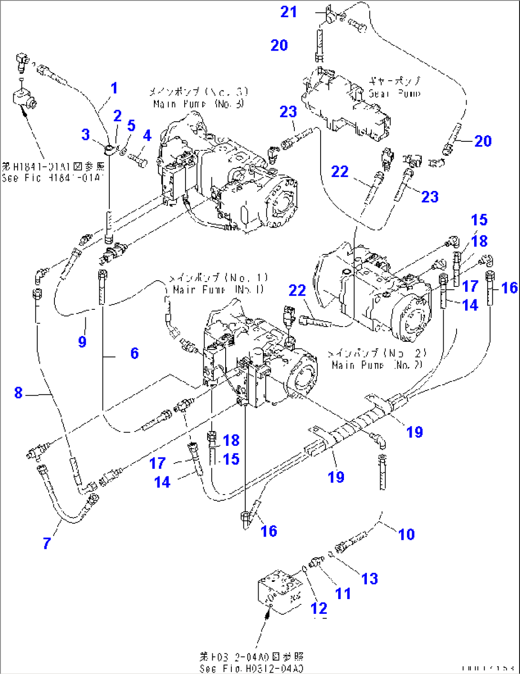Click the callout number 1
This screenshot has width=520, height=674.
click(x=114, y=88)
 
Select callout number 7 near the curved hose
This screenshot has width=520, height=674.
click(x=47, y=543)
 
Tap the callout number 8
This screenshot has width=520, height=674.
click(x=18, y=393)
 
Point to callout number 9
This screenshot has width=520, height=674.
click(x=82, y=341)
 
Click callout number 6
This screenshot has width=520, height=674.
click(x=135, y=353)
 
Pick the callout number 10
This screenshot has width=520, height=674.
click(x=406, y=534)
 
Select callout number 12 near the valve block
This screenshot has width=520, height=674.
click(x=319, y=608)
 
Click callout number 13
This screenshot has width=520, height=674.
click(x=369, y=579)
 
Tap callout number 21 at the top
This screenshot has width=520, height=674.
click(x=288, y=12)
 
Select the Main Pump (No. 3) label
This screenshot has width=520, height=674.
click(x=198, y=97)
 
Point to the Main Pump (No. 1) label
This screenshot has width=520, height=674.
click(x=218, y=284)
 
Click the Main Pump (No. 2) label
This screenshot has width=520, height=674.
click(x=377, y=359)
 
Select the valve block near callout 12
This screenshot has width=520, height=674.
click(x=279, y=590)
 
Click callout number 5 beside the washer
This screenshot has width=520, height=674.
click(x=131, y=126)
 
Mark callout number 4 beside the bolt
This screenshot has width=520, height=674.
click(x=147, y=136)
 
